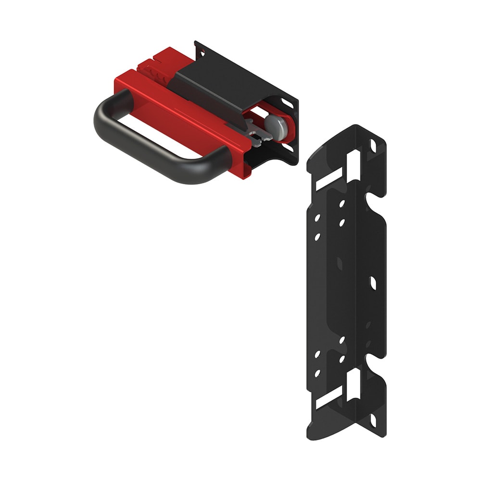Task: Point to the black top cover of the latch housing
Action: coord(216,82)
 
